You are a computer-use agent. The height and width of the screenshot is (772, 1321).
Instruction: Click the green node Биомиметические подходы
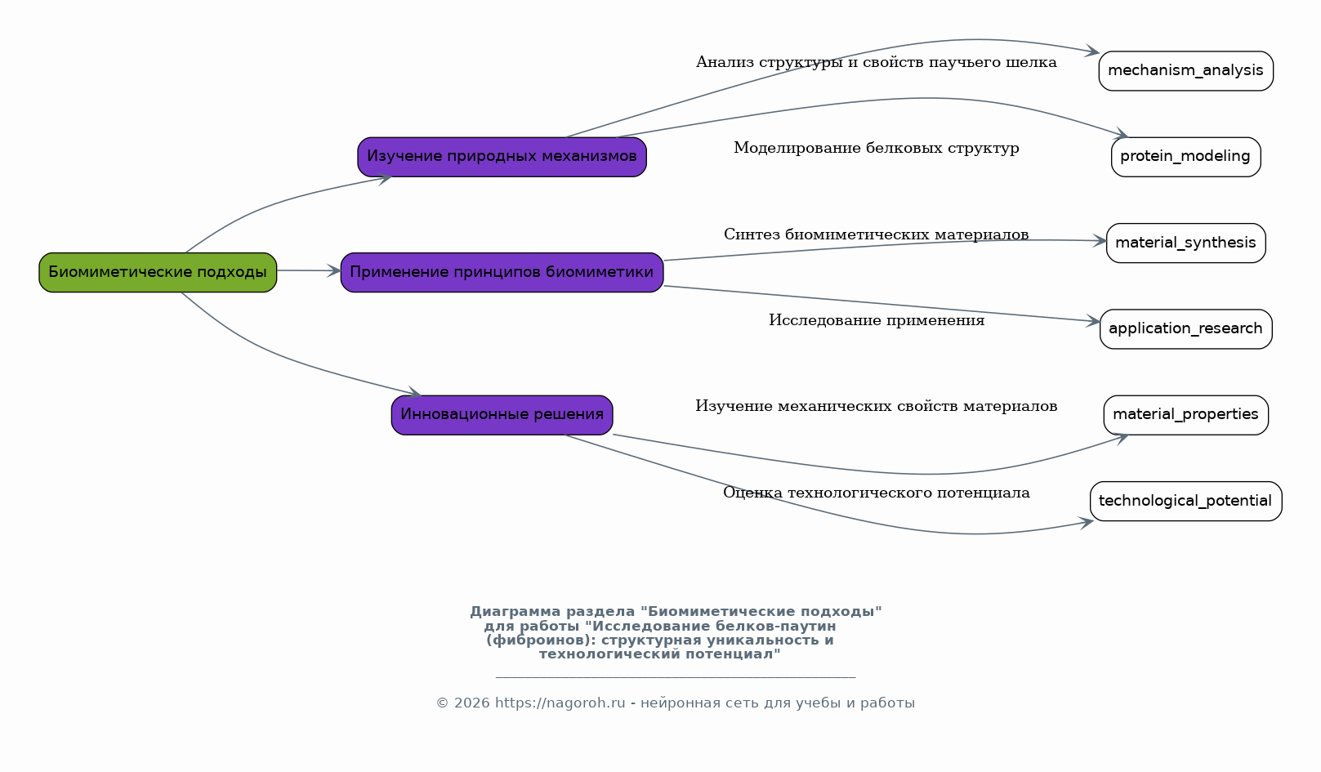158,273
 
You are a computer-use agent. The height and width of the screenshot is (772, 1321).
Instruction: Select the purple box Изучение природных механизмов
502,157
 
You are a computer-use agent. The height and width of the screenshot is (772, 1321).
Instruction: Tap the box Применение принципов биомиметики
502,273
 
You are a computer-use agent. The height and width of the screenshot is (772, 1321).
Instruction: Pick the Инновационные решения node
502,415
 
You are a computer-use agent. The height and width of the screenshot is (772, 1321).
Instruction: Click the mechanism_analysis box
1186,71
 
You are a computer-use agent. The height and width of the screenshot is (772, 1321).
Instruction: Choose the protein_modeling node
1186,157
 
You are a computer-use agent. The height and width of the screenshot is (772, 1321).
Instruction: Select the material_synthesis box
1186,243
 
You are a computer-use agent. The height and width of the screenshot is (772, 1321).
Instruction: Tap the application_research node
1186,329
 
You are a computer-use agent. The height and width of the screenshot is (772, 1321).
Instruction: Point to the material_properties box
1186,415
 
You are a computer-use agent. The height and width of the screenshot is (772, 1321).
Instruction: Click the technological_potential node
1186,502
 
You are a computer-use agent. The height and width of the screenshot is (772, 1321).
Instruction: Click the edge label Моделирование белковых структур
877,148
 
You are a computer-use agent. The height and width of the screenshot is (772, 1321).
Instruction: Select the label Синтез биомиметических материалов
877,234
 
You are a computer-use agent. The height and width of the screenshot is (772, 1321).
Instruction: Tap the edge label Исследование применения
877,320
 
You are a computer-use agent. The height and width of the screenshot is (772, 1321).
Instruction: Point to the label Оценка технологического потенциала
877,493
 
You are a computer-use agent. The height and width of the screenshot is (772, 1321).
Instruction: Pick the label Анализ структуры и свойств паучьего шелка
877,63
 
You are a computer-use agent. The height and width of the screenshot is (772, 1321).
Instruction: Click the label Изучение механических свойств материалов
877,406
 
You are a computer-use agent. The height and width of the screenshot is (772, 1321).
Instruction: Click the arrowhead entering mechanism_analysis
1092,51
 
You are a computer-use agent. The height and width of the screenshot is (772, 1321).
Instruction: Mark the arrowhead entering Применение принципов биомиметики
334,270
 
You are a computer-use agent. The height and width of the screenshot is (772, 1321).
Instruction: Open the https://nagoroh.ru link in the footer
560,703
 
